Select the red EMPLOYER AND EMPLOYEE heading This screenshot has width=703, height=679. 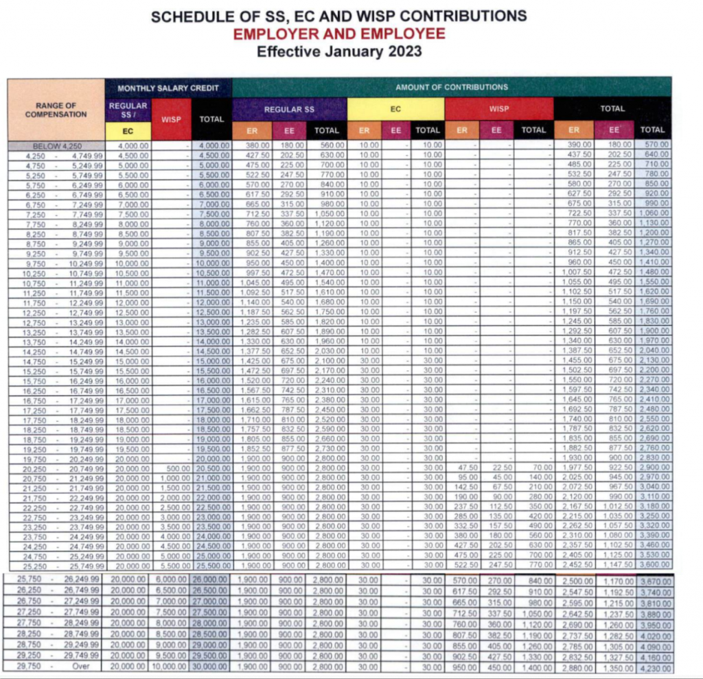(x=338, y=34)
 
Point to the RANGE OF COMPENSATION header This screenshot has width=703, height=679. (x=56, y=110)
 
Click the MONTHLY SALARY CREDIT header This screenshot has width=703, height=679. (x=168, y=88)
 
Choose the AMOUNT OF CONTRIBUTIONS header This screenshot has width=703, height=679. (x=451, y=87)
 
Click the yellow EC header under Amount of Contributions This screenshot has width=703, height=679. (x=395, y=109)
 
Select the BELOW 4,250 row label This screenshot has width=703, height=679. (x=56, y=146)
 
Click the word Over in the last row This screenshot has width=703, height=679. (x=82, y=667)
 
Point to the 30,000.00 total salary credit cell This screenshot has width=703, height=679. (x=210, y=667)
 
